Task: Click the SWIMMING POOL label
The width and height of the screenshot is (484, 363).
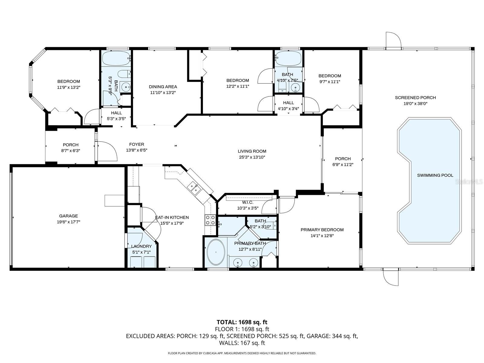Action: tap(435, 175)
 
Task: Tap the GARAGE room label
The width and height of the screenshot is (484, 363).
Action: tap(68, 216)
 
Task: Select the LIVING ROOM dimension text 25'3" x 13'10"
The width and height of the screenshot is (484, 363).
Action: tap(252, 157)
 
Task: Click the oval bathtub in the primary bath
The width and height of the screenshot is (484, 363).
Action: tap(216, 252)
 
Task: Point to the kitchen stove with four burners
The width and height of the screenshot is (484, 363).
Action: tap(210, 220)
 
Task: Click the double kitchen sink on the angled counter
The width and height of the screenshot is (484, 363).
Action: tap(194, 188)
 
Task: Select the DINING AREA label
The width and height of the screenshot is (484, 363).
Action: tap(163, 87)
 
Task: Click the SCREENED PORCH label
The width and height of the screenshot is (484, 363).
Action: tap(415, 97)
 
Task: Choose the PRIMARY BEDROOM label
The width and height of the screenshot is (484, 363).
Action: tap(322, 230)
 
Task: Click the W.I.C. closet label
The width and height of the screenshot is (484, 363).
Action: tap(247, 202)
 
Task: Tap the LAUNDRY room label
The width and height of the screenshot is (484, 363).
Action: tap(141, 246)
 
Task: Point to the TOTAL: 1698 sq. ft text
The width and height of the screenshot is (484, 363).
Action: tap(242, 322)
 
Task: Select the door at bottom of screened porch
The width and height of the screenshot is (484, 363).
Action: tap(391, 276)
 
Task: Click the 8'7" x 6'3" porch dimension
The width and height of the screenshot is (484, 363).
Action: tap(70, 151)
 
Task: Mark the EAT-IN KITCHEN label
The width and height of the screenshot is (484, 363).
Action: tap(172, 217)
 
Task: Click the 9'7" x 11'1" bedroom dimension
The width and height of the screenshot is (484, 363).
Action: tap(329, 82)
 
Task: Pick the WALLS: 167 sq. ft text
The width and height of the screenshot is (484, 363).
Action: tap(242, 343)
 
